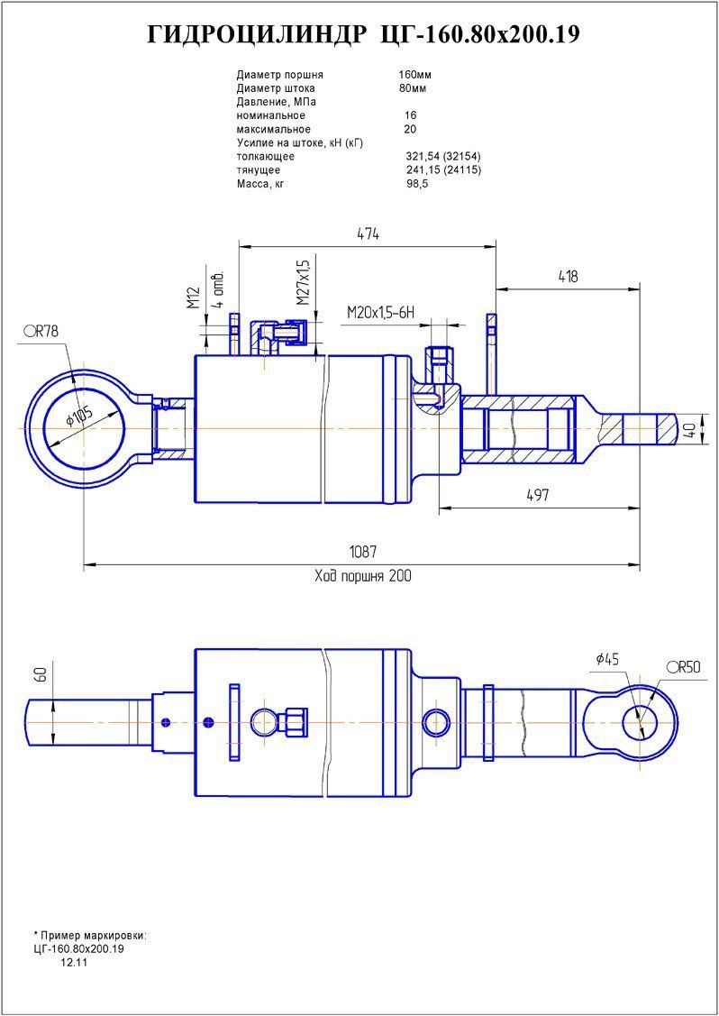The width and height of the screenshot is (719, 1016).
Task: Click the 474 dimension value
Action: (368, 233)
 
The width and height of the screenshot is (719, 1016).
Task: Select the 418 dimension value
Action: (567, 277)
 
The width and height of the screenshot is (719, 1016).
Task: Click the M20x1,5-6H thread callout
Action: (380, 312)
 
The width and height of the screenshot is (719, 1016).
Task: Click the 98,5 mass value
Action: (417, 183)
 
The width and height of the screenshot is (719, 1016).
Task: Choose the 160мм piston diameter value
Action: (414, 75)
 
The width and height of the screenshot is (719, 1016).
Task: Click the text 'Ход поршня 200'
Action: (362, 576)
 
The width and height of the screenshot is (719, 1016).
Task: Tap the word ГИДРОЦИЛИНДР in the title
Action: (255, 34)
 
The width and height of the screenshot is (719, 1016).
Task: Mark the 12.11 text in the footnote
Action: (73, 963)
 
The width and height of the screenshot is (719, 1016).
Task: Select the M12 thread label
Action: (193, 298)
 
